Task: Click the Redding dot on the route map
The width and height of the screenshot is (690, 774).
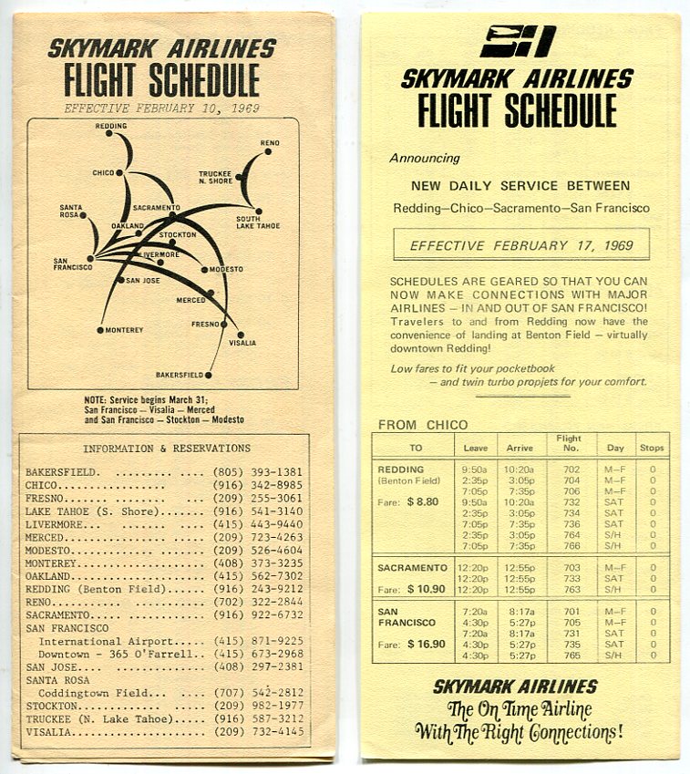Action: coord(109,133)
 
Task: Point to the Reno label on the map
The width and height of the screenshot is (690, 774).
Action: coord(270,143)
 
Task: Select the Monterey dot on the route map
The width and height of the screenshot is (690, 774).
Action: coord(101,330)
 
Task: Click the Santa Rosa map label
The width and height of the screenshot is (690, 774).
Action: coord(71,211)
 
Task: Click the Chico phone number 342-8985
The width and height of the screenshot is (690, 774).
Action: coord(276,485)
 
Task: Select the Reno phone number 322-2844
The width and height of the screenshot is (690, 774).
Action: coord(276,602)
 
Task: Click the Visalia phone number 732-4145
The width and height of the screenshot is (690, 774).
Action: coord(276,731)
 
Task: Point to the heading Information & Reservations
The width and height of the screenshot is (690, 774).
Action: coord(166,449)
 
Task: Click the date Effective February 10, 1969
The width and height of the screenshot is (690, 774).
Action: coord(162,108)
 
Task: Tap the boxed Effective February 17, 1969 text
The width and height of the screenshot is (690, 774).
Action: coord(521,245)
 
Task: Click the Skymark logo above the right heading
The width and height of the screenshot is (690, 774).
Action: coord(518,41)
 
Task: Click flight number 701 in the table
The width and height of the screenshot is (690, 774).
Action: coord(571,612)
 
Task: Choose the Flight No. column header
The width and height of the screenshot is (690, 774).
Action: coord(569,443)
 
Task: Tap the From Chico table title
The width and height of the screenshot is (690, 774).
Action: coord(422,425)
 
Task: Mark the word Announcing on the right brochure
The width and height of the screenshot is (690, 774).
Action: coord(412,158)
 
